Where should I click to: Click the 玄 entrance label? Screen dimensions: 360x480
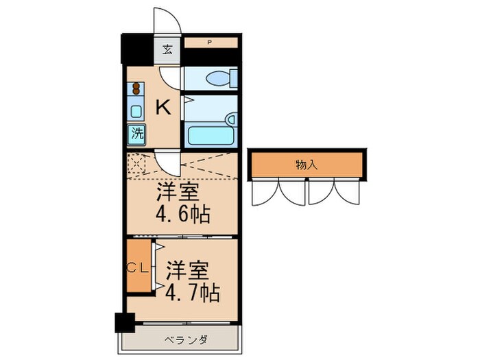click(x=167, y=49)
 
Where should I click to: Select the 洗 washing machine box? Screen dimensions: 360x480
click(x=137, y=134)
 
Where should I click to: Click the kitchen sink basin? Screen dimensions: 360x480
click(x=136, y=110)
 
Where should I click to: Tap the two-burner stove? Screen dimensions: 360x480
click(x=136, y=88)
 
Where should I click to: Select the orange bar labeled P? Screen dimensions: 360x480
click(x=210, y=43)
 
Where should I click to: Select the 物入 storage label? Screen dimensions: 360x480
click(x=306, y=165)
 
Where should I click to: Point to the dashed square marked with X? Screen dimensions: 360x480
click(x=136, y=164)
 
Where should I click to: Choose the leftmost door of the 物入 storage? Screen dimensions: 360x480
click(x=264, y=192)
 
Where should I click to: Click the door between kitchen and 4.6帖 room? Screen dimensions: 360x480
click(x=167, y=163)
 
